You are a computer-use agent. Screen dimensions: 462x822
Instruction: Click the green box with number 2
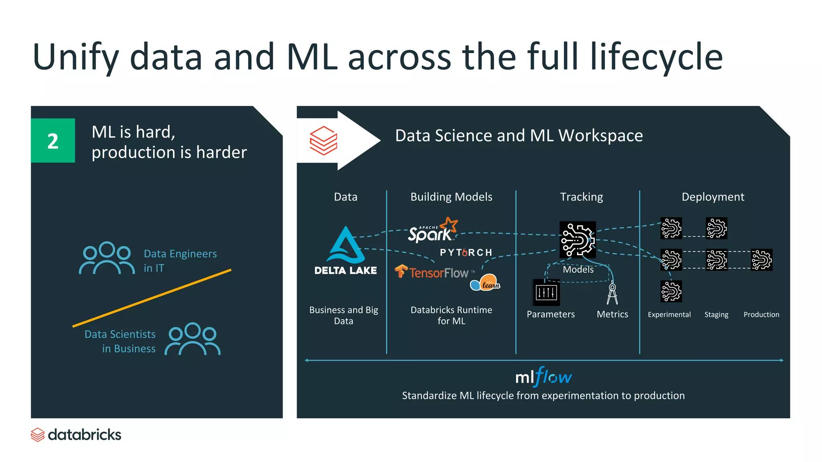pyautogui.click(x=53, y=140)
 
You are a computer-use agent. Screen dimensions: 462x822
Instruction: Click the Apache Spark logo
pyautogui.click(x=432, y=230)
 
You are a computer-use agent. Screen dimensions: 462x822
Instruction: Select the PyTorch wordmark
pyautogui.click(x=466, y=253)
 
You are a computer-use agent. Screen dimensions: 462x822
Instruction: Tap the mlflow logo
pyautogui.click(x=543, y=377)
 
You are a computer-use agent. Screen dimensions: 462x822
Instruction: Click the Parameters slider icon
pyautogui.click(x=546, y=292)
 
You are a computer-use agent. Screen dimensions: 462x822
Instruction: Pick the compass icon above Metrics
pyautogui.click(x=612, y=294)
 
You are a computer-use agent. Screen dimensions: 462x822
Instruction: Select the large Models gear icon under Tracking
pyautogui.click(x=578, y=239)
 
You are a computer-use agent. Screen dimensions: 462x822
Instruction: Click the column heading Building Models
pyautogui.click(x=451, y=197)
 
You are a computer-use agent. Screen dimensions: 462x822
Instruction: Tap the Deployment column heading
pyautogui.click(x=713, y=197)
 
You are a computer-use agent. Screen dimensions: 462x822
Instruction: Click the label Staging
pyautogui.click(x=716, y=315)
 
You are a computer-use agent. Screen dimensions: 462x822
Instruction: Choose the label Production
pyautogui.click(x=761, y=315)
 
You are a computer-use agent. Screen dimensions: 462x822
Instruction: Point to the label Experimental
pyautogui.click(x=669, y=315)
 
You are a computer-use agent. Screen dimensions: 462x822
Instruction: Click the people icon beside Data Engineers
pyautogui.click(x=107, y=258)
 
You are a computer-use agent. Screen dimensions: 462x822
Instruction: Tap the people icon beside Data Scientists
pyautogui.click(x=193, y=339)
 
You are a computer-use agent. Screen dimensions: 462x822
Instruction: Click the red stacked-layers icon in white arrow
pyautogui.click(x=324, y=140)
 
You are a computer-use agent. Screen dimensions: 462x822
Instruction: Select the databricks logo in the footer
pyautogui.click(x=76, y=435)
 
